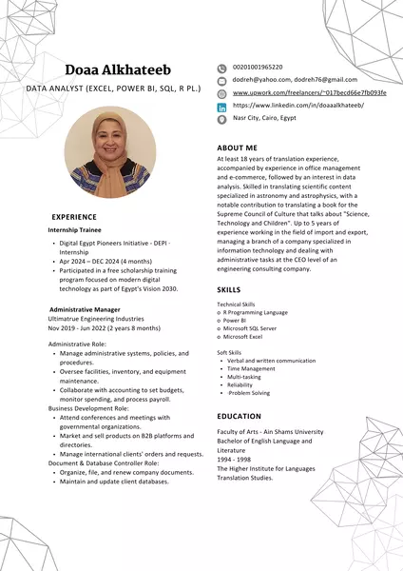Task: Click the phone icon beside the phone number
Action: tap(222, 68)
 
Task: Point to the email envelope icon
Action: tap(222, 80)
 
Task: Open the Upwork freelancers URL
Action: tap(310, 93)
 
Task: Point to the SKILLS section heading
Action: tap(229, 288)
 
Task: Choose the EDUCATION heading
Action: tap(239, 416)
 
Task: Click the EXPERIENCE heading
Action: tap(74, 217)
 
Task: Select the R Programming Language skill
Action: tap(255, 312)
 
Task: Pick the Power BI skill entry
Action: tap(237, 321)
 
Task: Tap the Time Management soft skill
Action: tap(252, 369)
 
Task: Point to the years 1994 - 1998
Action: tap(235, 458)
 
